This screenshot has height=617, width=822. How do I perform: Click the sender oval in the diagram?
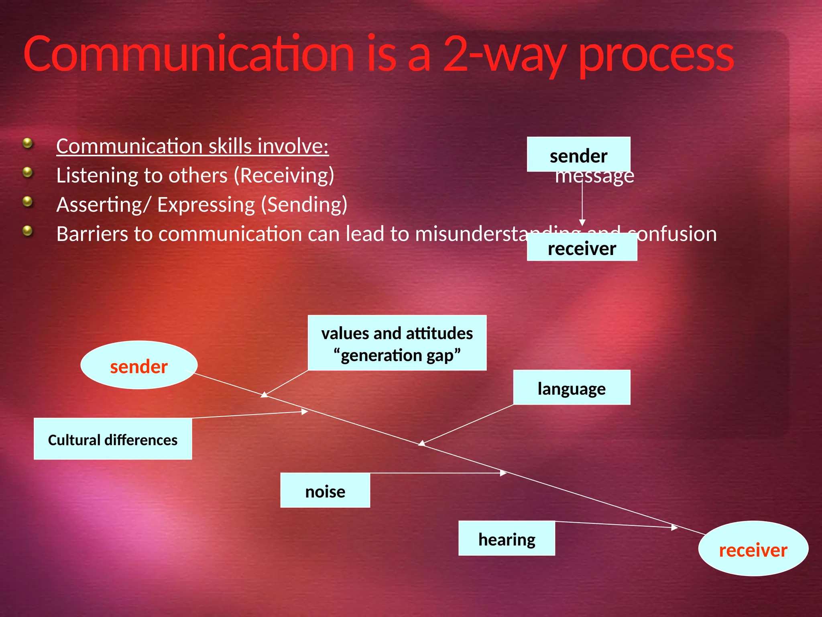coord(139,365)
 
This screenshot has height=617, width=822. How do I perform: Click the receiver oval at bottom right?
coord(753,549)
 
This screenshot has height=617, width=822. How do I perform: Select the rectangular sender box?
coord(578,155)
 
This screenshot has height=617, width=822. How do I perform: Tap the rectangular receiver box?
coord(582,248)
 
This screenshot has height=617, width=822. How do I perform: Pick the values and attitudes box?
coord(397,343)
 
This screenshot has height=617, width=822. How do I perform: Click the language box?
coord(572,388)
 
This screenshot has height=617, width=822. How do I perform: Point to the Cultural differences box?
coord(113,439)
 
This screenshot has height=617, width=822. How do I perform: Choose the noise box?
coord(325,490)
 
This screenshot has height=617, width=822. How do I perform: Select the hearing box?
coord(507,539)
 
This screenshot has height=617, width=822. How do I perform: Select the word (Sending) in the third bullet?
coord(304,205)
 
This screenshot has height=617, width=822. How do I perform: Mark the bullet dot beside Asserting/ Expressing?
coord(28,201)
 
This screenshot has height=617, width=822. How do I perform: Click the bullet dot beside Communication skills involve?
coord(28,143)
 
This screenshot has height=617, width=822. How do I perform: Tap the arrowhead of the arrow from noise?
coord(503,473)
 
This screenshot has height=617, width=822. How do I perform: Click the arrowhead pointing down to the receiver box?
coord(582,222)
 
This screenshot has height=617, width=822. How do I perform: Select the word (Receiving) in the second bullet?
coord(284,176)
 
